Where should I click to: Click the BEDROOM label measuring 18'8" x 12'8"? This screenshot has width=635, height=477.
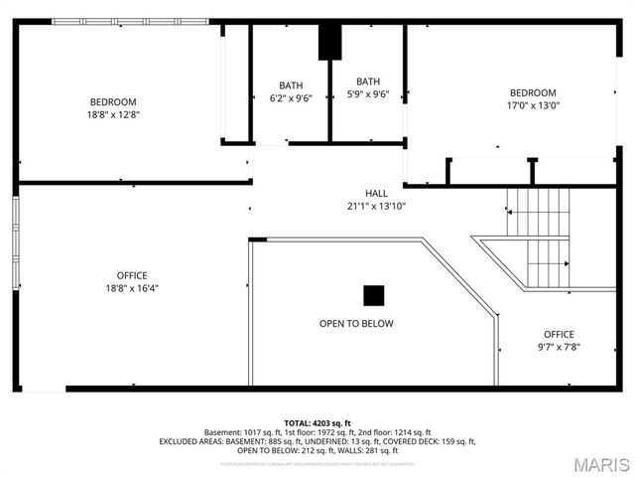coord(113,101)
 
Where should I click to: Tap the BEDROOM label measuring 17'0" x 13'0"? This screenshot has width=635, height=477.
coord(533,92)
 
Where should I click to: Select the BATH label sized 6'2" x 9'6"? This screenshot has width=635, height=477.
coord(291,85)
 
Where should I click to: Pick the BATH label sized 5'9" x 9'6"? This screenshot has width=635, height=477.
coord(368,81)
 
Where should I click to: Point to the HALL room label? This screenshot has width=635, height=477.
coord(376,194)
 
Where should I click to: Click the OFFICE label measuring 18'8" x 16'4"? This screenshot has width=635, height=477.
coord(132,275)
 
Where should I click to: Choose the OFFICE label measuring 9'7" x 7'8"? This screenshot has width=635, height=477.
coord(559,334)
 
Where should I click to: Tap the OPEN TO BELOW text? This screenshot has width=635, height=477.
coord(356,324)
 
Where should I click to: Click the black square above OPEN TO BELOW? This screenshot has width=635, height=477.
coord(373,295)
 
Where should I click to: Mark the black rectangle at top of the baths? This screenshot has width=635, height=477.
coord(329,42)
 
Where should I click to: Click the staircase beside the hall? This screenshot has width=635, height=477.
coord(541,237)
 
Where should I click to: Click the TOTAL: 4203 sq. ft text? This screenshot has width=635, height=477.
coord(317,423)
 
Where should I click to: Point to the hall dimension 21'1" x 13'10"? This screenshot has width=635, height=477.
coord(376,207)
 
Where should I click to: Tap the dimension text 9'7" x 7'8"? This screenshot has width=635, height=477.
coord(559,348)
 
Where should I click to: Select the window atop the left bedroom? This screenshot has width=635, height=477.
coord(130,21)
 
